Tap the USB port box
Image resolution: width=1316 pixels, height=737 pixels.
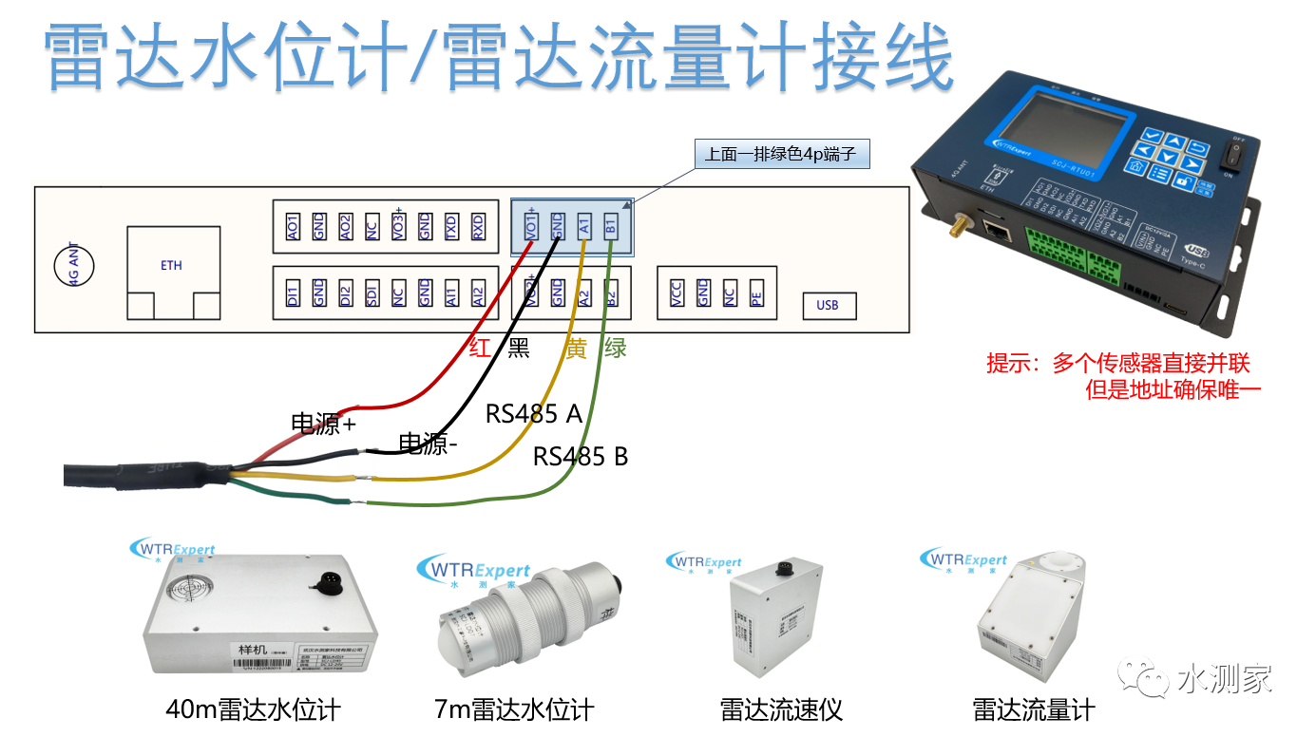click(827, 306)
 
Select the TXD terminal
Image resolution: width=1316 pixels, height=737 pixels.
click(451, 226)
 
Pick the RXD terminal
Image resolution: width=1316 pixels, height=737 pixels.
click(478, 226)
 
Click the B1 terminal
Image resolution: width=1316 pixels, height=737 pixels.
click(612, 226)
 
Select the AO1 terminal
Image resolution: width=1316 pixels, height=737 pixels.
click(292, 226)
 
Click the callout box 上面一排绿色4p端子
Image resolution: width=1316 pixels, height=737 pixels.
click(782, 154)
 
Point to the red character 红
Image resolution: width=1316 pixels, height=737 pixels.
click(481, 348)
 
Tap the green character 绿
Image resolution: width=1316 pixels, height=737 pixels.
click(615, 348)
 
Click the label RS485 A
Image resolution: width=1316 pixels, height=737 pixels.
click(533, 414)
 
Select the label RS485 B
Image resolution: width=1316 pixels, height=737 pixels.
click(580, 457)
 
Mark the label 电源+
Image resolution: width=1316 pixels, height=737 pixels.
click(322, 424)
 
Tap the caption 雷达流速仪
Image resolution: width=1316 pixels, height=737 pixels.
click(781, 709)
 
